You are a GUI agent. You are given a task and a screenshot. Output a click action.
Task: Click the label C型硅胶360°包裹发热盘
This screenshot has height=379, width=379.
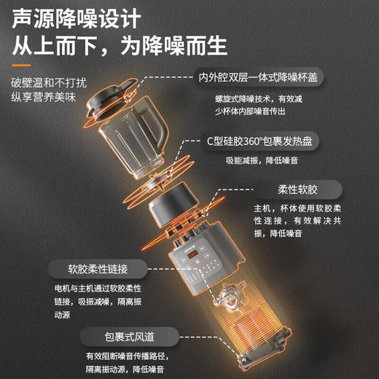point(267,141)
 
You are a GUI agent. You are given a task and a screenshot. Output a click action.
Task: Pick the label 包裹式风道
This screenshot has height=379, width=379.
point(129,335)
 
